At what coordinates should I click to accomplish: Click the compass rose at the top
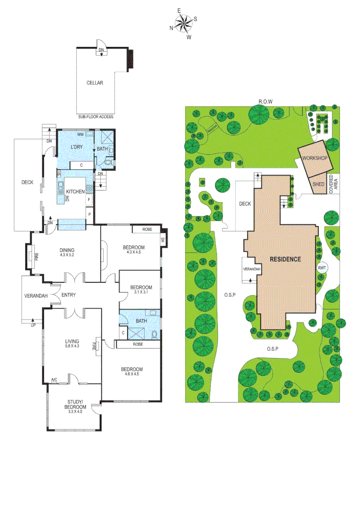183,23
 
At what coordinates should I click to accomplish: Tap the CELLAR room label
95,83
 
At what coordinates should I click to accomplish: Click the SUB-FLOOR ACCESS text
96,116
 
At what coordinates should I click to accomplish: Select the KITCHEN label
75,192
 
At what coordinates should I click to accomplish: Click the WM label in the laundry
80,134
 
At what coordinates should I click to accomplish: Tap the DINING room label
67,250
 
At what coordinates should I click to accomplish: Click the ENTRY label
68,295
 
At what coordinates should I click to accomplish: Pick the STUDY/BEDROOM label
76,404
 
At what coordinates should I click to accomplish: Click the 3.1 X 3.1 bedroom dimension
141,292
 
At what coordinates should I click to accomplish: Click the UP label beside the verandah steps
33,325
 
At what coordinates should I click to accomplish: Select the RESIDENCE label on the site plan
285,259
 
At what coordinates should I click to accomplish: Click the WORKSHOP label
315,158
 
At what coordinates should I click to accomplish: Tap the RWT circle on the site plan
322,268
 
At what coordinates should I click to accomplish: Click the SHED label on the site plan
319,184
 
